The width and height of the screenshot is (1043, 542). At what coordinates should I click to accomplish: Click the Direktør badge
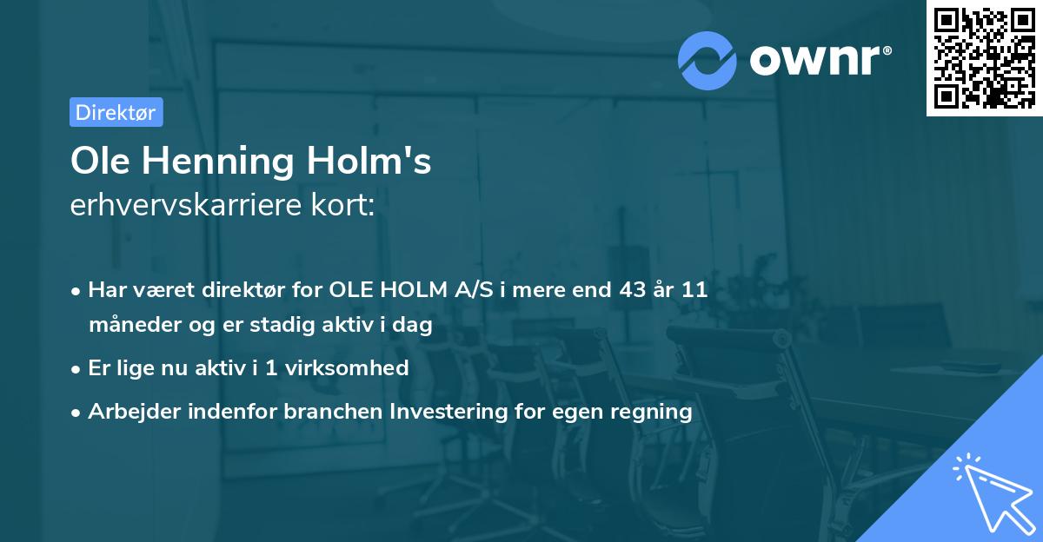(116, 112)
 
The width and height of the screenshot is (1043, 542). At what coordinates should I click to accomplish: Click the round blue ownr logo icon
(707, 60)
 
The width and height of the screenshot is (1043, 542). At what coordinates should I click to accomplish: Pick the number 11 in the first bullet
(694, 290)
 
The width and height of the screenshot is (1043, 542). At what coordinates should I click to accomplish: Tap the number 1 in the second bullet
(271, 367)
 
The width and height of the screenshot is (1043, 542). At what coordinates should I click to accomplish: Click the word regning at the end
(654, 411)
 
